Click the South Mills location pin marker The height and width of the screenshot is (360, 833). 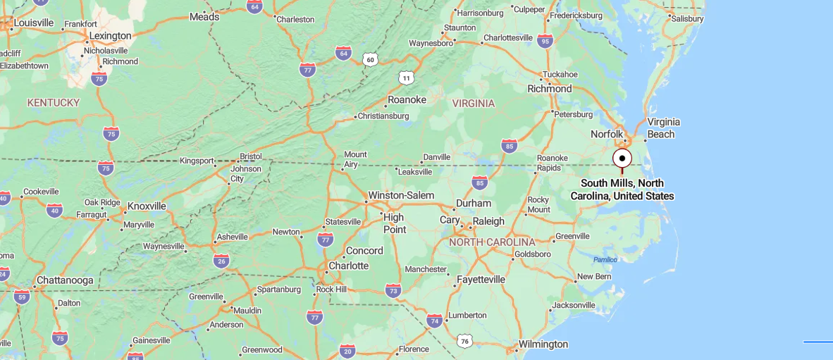pos(622,159)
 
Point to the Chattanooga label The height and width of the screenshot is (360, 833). pos(64,280)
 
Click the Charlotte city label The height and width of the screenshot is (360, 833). pos(349,266)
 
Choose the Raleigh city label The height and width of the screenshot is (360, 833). pos(488,221)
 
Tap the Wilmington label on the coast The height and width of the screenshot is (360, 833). pos(543,344)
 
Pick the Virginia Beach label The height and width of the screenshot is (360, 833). pos(661,128)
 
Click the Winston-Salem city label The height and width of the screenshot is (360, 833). pos(401,195)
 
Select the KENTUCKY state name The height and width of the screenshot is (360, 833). pos(54,103)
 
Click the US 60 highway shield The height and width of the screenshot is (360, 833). pos(371,60)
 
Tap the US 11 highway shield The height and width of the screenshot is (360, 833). pos(405,77)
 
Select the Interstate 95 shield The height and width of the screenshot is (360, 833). pos(545,41)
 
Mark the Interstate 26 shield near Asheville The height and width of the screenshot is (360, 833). pos(221,261)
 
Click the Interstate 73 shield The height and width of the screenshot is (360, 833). pos(393,290)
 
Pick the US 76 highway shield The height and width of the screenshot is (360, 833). pos(464,341)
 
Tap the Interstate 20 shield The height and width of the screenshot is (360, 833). pos(346,351)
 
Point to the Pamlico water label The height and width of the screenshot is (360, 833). pos(605,259)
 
